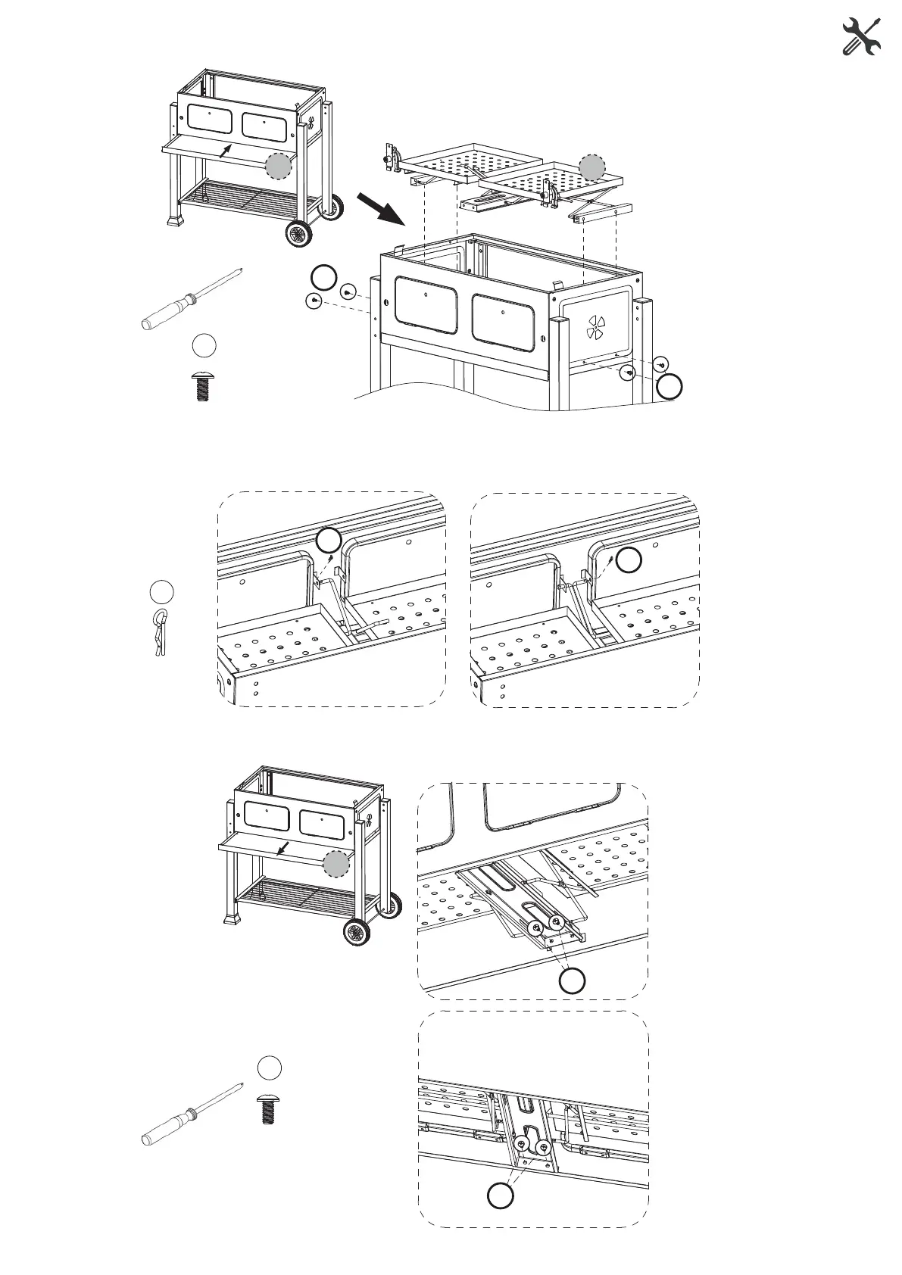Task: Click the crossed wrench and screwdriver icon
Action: (x=862, y=37)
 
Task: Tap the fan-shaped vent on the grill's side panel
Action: (x=598, y=329)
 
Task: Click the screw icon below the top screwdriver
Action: (x=202, y=385)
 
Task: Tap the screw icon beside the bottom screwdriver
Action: (x=267, y=1107)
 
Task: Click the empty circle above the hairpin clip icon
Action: (x=161, y=591)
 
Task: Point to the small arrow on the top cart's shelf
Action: (x=224, y=151)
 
